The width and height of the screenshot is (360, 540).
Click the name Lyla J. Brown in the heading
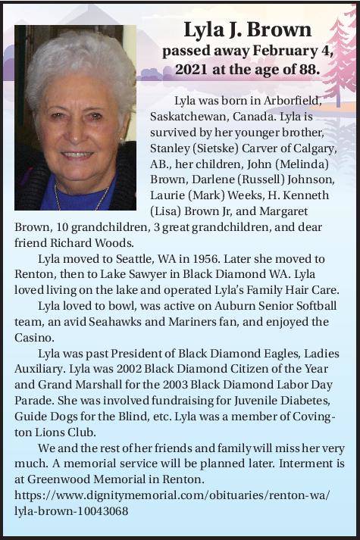click(247, 30)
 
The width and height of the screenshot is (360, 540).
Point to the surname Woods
click(113, 242)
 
